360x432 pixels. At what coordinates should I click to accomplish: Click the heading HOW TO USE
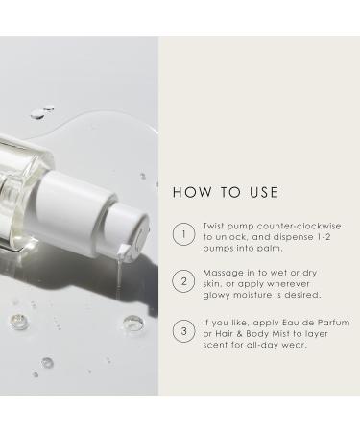(x=226, y=192)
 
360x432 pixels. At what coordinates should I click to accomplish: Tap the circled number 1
(x=183, y=234)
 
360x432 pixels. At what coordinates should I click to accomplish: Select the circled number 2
(x=183, y=281)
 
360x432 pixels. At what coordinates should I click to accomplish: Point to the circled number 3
(x=183, y=331)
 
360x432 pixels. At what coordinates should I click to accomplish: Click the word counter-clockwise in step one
(x=299, y=226)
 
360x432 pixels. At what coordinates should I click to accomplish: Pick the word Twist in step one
(x=214, y=226)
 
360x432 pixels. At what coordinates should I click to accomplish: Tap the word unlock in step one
(x=231, y=237)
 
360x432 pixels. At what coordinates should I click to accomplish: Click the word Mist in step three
(x=281, y=334)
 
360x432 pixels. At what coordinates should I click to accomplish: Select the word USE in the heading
(x=264, y=192)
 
